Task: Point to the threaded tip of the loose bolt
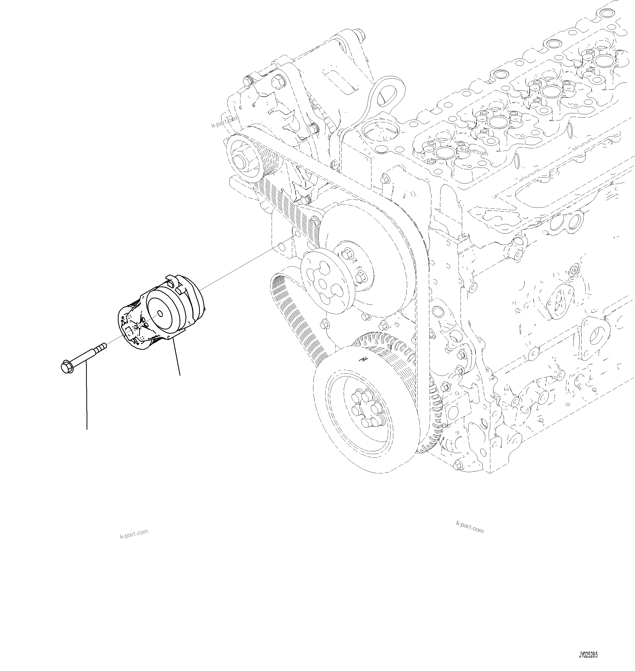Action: pos(103,346)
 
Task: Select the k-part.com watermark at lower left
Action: pos(134,534)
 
